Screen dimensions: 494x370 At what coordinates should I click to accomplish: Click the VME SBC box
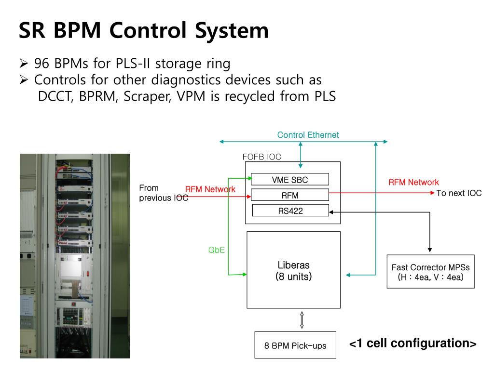[x=290, y=179]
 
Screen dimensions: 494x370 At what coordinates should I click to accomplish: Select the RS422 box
[x=290, y=211]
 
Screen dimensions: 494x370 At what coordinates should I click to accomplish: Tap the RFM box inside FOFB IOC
[x=290, y=195]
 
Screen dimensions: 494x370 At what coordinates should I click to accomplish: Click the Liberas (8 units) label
[x=294, y=271]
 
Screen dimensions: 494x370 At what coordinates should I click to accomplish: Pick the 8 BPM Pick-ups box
[x=295, y=345]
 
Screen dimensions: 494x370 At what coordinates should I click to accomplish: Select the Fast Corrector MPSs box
[x=431, y=272]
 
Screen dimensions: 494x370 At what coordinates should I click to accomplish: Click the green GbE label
[x=217, y=250]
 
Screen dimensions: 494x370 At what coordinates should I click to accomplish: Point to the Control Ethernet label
[x=308, y=135]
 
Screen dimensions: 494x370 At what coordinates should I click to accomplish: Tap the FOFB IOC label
[x=261, y=157]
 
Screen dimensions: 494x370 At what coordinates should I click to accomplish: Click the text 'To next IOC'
[x=459, y=193]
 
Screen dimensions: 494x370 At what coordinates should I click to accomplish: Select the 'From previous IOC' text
[x=164, y=193]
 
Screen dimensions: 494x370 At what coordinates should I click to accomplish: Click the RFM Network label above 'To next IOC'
[x=413, y=182]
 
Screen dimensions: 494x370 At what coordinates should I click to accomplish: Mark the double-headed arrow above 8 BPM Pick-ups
[x=302, y=320]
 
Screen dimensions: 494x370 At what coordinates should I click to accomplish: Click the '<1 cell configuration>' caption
[x=413, y=343]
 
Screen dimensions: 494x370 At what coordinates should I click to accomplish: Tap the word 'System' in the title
[x=232, y=31]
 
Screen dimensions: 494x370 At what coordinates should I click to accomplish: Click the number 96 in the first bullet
[x=42, y=63]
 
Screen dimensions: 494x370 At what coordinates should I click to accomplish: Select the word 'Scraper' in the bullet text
[x=147, y=96]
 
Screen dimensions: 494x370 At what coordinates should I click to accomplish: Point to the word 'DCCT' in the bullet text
[x=55, y=96]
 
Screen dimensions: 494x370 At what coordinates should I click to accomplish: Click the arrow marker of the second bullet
[x=24, y=79]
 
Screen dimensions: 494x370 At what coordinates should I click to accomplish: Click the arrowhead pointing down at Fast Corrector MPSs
[x=430, y=250]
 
